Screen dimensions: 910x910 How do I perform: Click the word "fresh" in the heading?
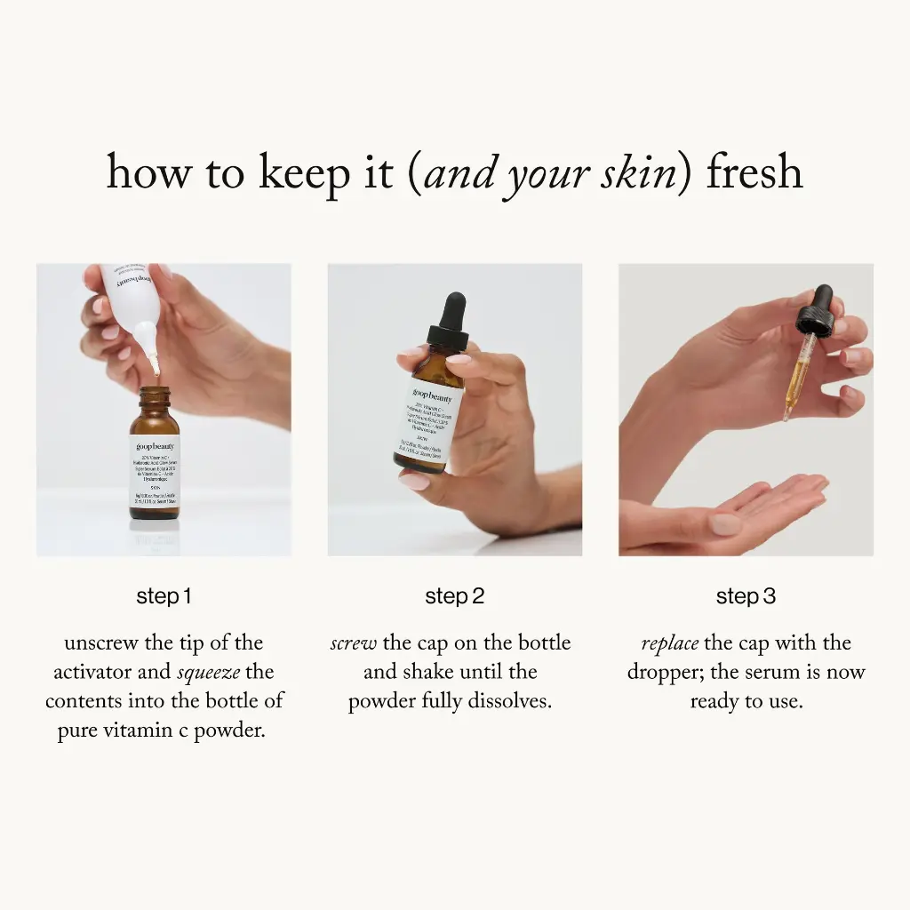point(754,172)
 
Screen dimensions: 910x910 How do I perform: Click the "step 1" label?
point(164,596)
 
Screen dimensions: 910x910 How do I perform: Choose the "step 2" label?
point(455,596)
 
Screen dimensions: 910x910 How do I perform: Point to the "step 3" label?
point(746,596)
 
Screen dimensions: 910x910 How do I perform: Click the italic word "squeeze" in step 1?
point(210,673)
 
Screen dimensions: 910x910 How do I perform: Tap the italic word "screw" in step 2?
point(353,643)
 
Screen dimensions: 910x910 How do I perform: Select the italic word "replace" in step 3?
point(669,643)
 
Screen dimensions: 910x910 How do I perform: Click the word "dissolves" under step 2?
point(508,701)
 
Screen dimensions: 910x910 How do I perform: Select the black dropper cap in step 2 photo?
point(448,320)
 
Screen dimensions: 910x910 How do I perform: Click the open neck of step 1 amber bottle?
point(156,391)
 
